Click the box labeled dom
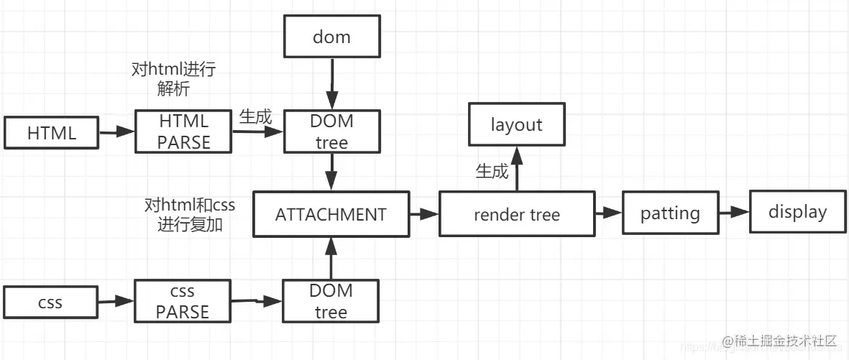click(331, 37)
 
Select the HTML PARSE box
click(183, 131)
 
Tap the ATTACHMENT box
click(331, 214)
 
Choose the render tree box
click(517, 214)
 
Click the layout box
click(516, 125)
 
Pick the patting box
click(670, 213)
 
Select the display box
click(797, 212)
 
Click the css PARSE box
click(183, 302)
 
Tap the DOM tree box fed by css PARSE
click(331, 301)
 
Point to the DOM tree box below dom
click(331, 131)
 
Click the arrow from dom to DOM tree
click(331, 84)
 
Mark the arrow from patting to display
click(733, 213)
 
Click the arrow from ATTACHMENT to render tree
click(424, 214)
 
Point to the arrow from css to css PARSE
click(116, 302)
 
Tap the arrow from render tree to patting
click(608, 213)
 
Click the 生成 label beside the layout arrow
click(492, 172)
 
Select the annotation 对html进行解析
click(173, 79)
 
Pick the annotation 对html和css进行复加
click(190, 215)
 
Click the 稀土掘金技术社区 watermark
click(780, 341)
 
